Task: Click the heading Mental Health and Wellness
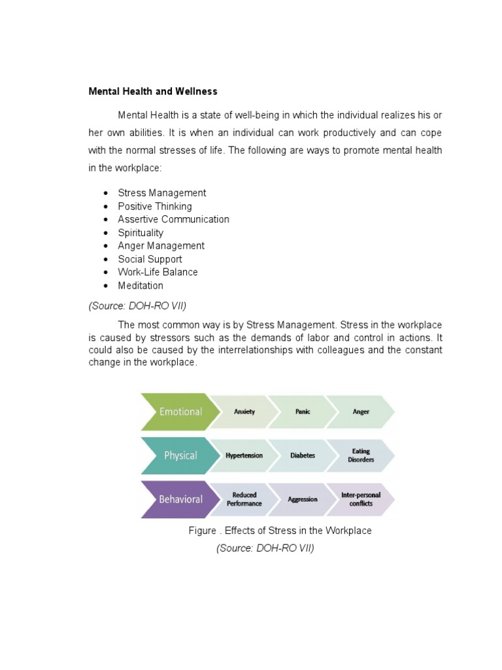153,92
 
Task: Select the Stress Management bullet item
161,193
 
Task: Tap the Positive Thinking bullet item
155,206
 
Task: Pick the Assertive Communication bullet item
173,219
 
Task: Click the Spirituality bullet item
141,233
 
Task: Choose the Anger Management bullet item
161,246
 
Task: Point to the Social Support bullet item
150,259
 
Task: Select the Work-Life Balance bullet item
158,272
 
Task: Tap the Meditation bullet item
141,286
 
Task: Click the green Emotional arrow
177,412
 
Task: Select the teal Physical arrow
177,455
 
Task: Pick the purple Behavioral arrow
177,499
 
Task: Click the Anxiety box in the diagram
244,412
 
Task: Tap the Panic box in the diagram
303,412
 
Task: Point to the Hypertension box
244,455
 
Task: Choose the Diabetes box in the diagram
303,455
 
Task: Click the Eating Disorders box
361,455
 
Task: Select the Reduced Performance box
244,499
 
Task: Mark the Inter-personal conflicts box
361,499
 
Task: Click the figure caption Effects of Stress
280,531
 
